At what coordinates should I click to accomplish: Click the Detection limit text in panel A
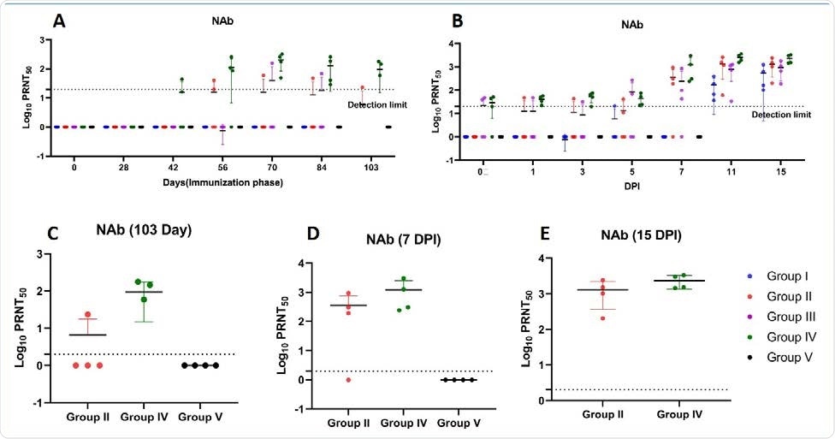pyautogui.click(x=376, y=105)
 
